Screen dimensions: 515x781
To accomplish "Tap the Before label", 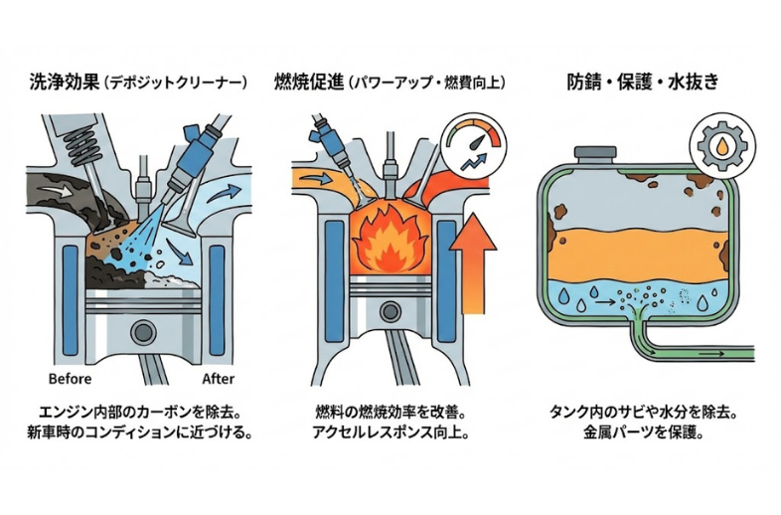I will tap(70, 379).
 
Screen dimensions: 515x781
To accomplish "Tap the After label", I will tap(219, 379).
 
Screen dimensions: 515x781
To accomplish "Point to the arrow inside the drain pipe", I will tap(710, 350).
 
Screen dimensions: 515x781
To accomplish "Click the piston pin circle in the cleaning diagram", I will tap(143, 333).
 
